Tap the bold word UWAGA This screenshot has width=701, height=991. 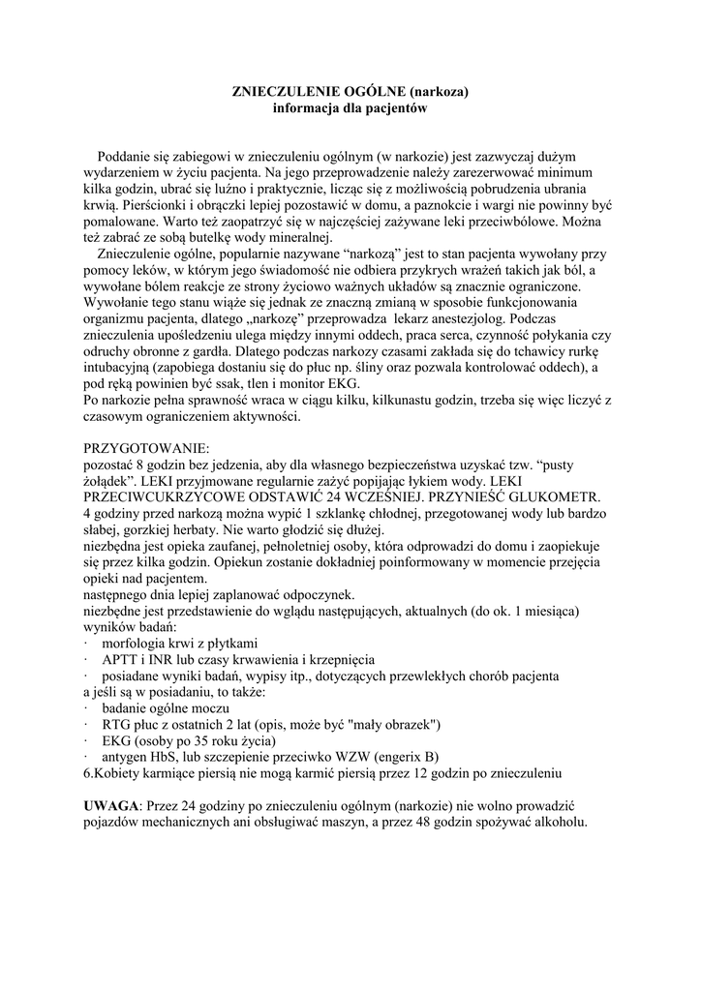click(x=112, y=806)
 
